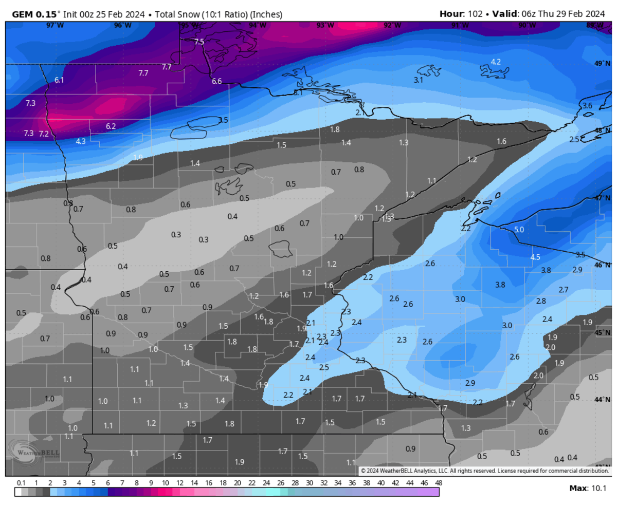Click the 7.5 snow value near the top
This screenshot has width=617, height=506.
199,42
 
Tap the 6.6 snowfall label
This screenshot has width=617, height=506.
216,81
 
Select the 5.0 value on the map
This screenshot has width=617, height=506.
519,230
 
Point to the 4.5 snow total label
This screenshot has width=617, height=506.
535,257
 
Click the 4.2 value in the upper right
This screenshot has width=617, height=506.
496,62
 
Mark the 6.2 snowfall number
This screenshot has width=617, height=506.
111,126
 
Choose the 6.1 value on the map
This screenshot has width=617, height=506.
59,80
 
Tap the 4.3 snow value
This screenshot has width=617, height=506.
81,141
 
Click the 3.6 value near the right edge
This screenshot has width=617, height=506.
587,105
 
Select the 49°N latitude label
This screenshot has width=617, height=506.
602,63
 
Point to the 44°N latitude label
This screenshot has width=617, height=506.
602,400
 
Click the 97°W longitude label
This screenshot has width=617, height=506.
51,25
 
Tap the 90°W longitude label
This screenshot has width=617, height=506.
525,25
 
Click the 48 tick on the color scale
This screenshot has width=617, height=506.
439,483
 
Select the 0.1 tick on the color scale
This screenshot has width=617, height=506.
21,483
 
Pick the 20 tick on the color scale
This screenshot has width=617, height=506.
237,483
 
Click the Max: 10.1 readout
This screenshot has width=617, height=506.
588,488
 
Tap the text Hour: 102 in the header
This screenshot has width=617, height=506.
461,14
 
